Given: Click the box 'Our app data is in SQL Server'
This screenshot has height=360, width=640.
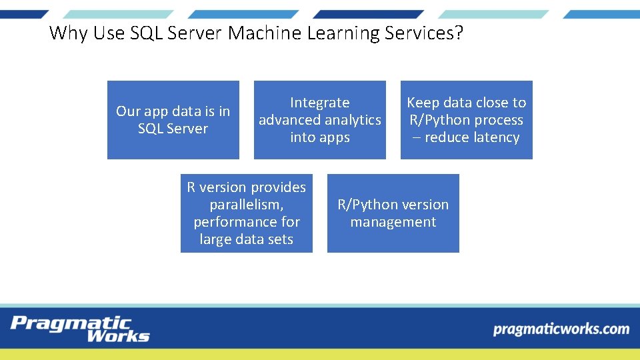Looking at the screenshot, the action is point(173,120).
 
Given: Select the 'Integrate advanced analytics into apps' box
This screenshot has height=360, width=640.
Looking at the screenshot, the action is point(320,120).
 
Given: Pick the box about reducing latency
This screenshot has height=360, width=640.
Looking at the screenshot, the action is point(467,120).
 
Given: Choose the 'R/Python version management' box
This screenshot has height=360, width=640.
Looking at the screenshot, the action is point(393,213).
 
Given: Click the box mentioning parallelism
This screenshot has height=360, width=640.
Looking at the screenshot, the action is point(247,213).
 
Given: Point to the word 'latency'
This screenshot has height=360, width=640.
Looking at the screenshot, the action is point(495,137).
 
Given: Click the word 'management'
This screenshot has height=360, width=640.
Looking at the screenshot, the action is point(393,222).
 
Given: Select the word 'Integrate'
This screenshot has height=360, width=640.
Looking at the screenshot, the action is point(320,103).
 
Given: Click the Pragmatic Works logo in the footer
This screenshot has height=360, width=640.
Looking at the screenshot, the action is point(80,329).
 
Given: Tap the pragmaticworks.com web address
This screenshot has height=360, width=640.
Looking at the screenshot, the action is point(561,329).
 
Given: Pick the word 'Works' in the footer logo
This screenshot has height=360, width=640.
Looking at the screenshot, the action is point(118,335).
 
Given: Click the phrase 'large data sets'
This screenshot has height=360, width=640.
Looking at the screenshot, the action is point(247,239).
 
